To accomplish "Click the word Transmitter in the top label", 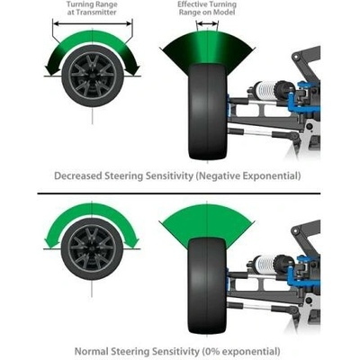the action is pos(96,13).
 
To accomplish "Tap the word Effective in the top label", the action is pos(191,4).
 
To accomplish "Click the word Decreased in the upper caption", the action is pos(78,175).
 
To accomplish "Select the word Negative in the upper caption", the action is pos(219,175).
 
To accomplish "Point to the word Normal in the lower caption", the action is pos(91,351).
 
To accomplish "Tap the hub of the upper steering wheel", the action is pos(93,76).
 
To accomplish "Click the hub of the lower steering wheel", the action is pos(92,248).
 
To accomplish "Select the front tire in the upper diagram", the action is pos(208,112).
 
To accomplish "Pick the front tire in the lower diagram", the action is pos(207,285).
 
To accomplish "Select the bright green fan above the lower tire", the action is pos(207,222).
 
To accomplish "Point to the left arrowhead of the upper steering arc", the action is pos(52,69).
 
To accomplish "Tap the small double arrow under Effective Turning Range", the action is pos(207,23).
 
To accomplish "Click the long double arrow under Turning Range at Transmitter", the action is pos(93,23).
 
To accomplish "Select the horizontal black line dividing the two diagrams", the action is pos(179,193).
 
